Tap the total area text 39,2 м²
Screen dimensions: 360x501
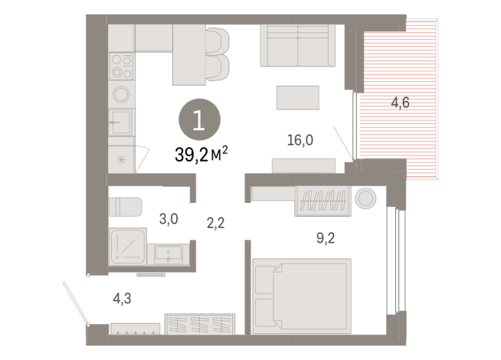tap(202, 155)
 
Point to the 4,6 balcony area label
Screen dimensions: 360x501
tap(399, 103)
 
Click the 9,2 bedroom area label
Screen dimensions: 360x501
tap(326, 237)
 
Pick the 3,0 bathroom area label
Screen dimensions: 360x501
tap(169, 218)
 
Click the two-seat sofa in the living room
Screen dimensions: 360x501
tap(296, 46)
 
